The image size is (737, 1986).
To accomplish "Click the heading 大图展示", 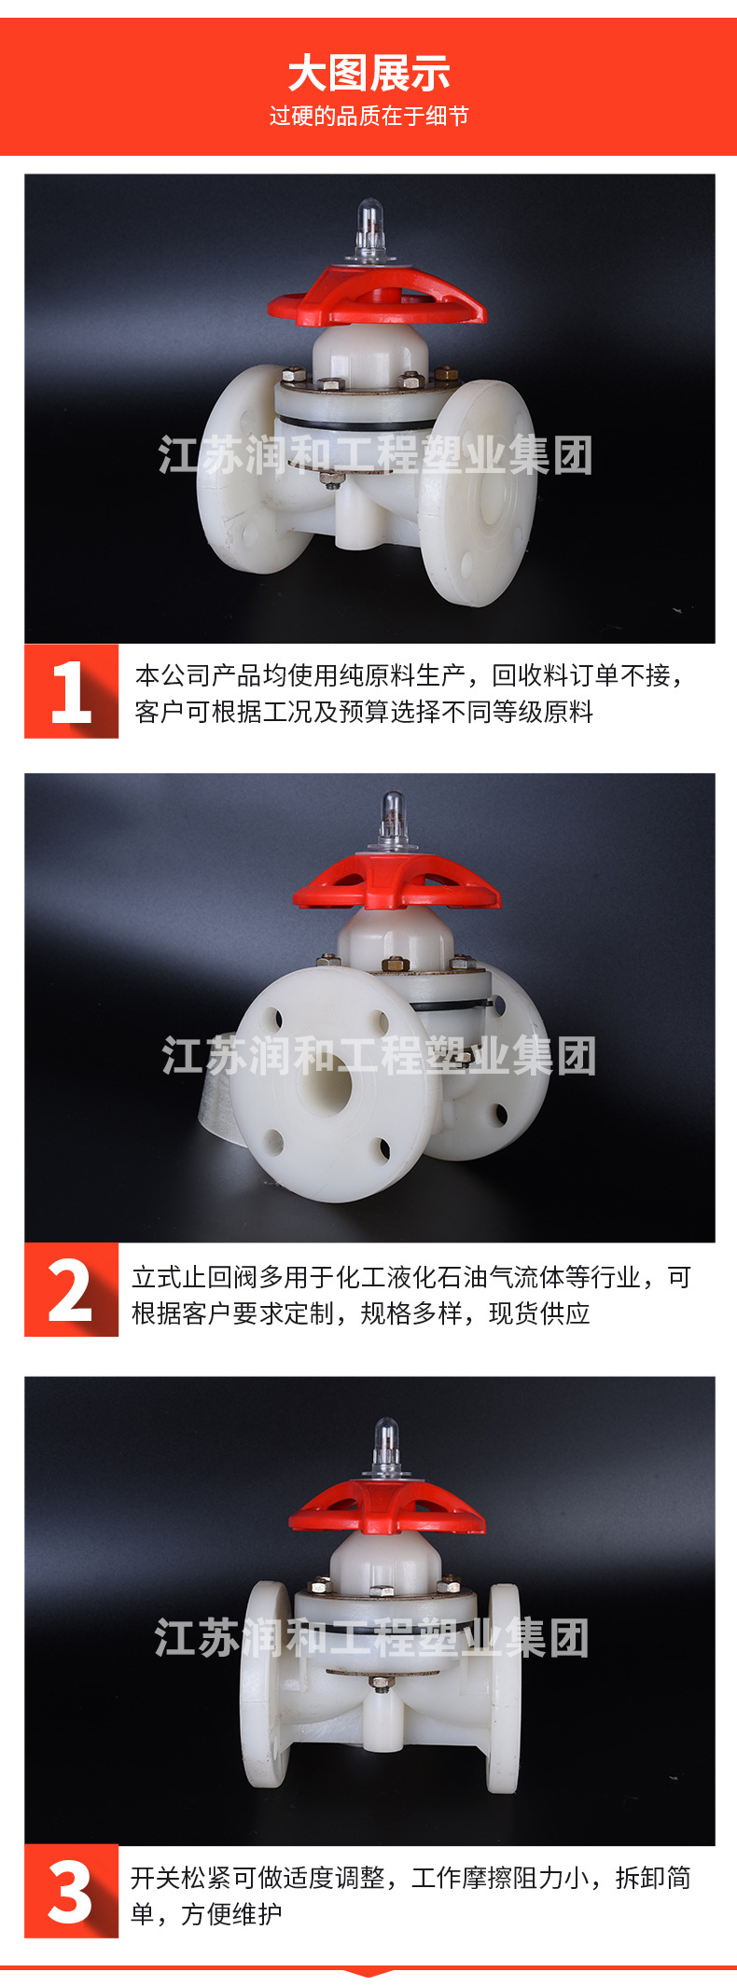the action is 368,74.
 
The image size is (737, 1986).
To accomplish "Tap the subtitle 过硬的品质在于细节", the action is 368,117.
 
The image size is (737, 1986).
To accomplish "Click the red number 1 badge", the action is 71,691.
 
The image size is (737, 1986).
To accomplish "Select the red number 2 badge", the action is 71,1290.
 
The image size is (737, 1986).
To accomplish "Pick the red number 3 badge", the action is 71,1891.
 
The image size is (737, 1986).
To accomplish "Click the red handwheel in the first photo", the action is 377,296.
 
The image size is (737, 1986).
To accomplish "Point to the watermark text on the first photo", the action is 375,455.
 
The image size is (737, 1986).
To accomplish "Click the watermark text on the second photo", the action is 379,1055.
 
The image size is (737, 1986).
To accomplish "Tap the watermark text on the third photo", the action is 371,1639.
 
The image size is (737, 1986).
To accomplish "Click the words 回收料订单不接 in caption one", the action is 581,675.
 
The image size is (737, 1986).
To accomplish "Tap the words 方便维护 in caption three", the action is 231,1914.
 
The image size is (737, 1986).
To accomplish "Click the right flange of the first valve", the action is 478,493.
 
